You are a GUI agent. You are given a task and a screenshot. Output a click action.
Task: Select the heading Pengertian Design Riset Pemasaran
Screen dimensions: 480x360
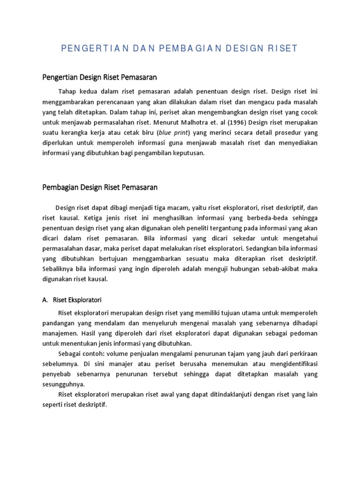pyautogui.click(x=99, y=77)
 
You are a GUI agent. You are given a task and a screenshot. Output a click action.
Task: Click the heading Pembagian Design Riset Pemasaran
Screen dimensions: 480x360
pyautogui.click(x=100, y=187)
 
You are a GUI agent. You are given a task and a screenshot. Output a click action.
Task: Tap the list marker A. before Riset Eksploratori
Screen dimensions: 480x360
pyautogui.click(x=46, y=299)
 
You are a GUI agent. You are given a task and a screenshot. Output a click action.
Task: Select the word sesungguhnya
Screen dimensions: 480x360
pyautogui.click(x=64, y=384)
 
